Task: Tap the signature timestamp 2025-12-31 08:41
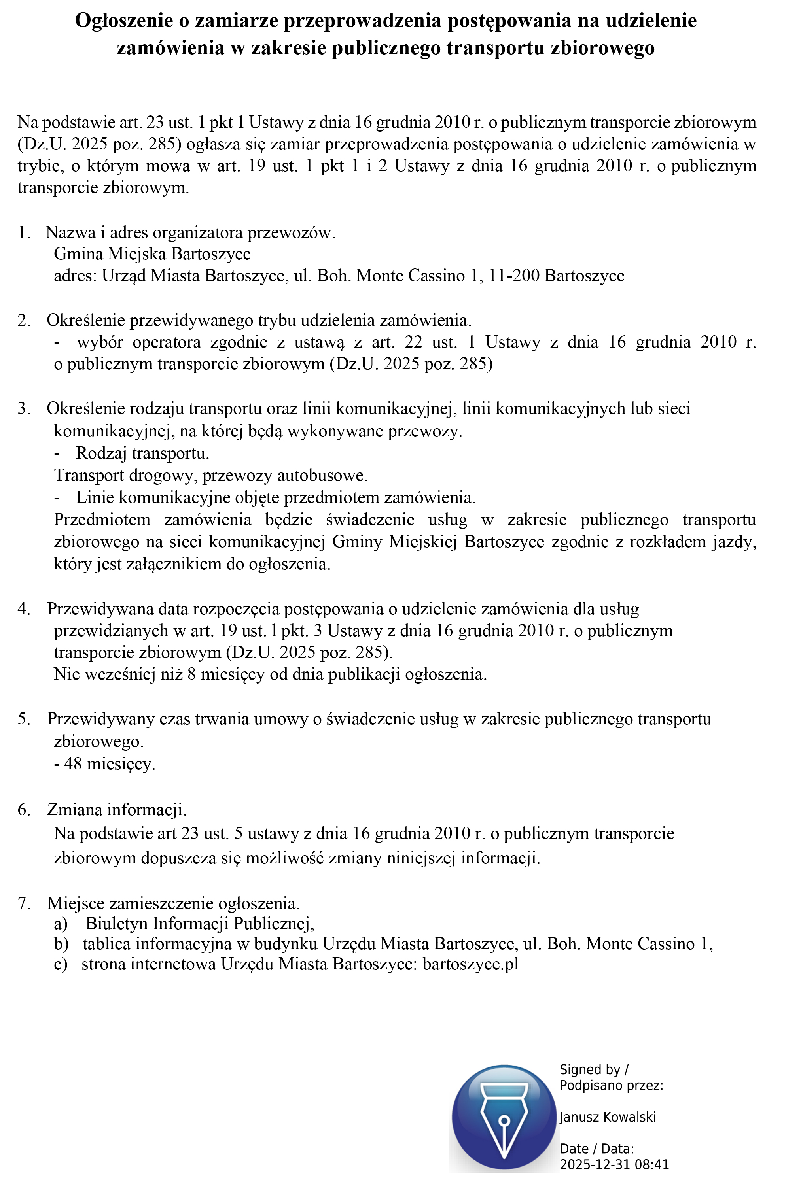tap(614, 1164)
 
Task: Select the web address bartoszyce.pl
tap(470, 963)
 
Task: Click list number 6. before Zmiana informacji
tap(24, 809)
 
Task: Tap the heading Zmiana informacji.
tap(117, 809)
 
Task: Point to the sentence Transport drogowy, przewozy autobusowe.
tap(211, 475)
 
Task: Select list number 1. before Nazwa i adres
tap(24, 232)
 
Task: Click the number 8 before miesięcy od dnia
tap(191, 674)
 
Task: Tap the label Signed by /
tap(593, 1069)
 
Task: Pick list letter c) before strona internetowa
tap(61, 963)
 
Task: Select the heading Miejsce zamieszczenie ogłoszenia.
tap(173, 903)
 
